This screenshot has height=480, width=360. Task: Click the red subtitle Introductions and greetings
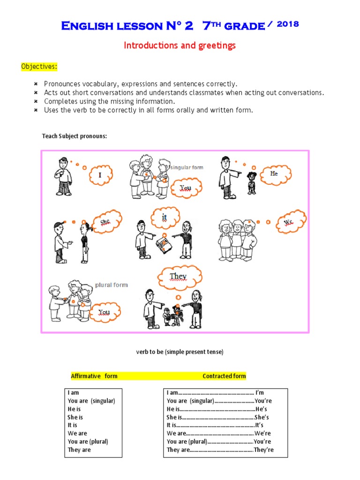pos(180,45)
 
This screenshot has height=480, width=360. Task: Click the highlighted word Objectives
pos(39,67)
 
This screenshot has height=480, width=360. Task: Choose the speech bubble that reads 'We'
pos(289,222)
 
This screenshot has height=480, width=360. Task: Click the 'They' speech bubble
pos(178,277)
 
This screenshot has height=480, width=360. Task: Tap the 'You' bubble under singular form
pos(186,188)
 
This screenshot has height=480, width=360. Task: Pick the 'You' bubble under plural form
pos(104,312)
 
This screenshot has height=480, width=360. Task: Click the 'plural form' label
pos(111,285)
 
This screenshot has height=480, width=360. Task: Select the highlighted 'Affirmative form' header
pos(94,376)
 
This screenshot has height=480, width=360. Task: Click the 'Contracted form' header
pos(224,376)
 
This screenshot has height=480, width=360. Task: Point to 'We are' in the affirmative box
pos(77,434)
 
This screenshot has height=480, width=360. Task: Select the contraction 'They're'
pos(263,450)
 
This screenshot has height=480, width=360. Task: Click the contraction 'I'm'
pos(260,393)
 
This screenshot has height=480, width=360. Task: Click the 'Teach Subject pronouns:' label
pos(75,136)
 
